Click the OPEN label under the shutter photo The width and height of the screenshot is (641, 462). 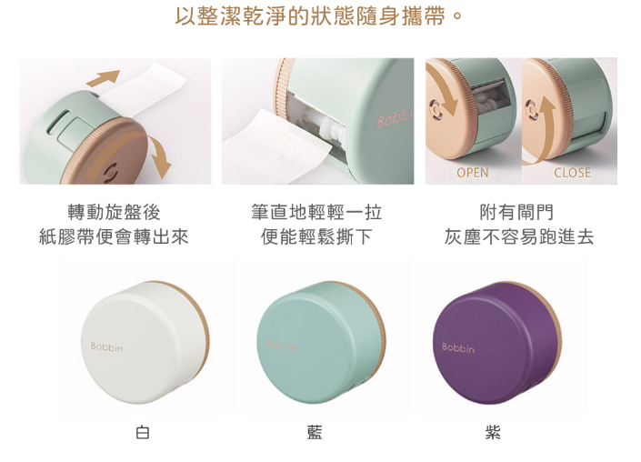pyautogui.click(x=472, y=173)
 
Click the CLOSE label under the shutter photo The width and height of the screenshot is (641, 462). pyautogui.click(x=572, y=173)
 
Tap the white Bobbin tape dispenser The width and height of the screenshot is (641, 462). pyautogui.click(x=145, y=343)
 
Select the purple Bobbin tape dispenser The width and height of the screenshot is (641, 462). pyautogui.click(x=496, y=343)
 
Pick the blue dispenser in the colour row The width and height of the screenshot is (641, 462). pyautogui.click(x=321, y=343)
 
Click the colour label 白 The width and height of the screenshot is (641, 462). pyautogui.click(x=143, y=432)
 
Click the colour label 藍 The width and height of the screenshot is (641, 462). pyautogui.click(x=315, y=432)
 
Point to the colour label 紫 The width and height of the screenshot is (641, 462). pyautogui.click(x=493, y=432)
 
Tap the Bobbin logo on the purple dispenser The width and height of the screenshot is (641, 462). pyautogui.click(x=458, y=348)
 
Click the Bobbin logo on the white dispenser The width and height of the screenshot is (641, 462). pyautogui.click(x=106, y=346)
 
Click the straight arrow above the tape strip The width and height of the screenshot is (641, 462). pyautogui.click(x=103, y=78)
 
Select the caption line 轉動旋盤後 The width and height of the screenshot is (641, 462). pyautogui.click(x=114, y=212)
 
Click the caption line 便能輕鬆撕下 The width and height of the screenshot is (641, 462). pyautogui.click(x=316, y=236)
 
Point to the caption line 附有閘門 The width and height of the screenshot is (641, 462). pyautogui.click(x=516, y=212)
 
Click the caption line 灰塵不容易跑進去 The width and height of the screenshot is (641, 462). pyautogui.click(x=519, y=236)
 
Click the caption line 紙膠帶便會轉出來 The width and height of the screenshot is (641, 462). pyautogui.click(x=114, y=236)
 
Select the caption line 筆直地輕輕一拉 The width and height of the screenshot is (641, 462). pyautogui.click(x=316, y=212)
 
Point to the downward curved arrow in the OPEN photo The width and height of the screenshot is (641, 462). pyautogui.click(x=446, y=88)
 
